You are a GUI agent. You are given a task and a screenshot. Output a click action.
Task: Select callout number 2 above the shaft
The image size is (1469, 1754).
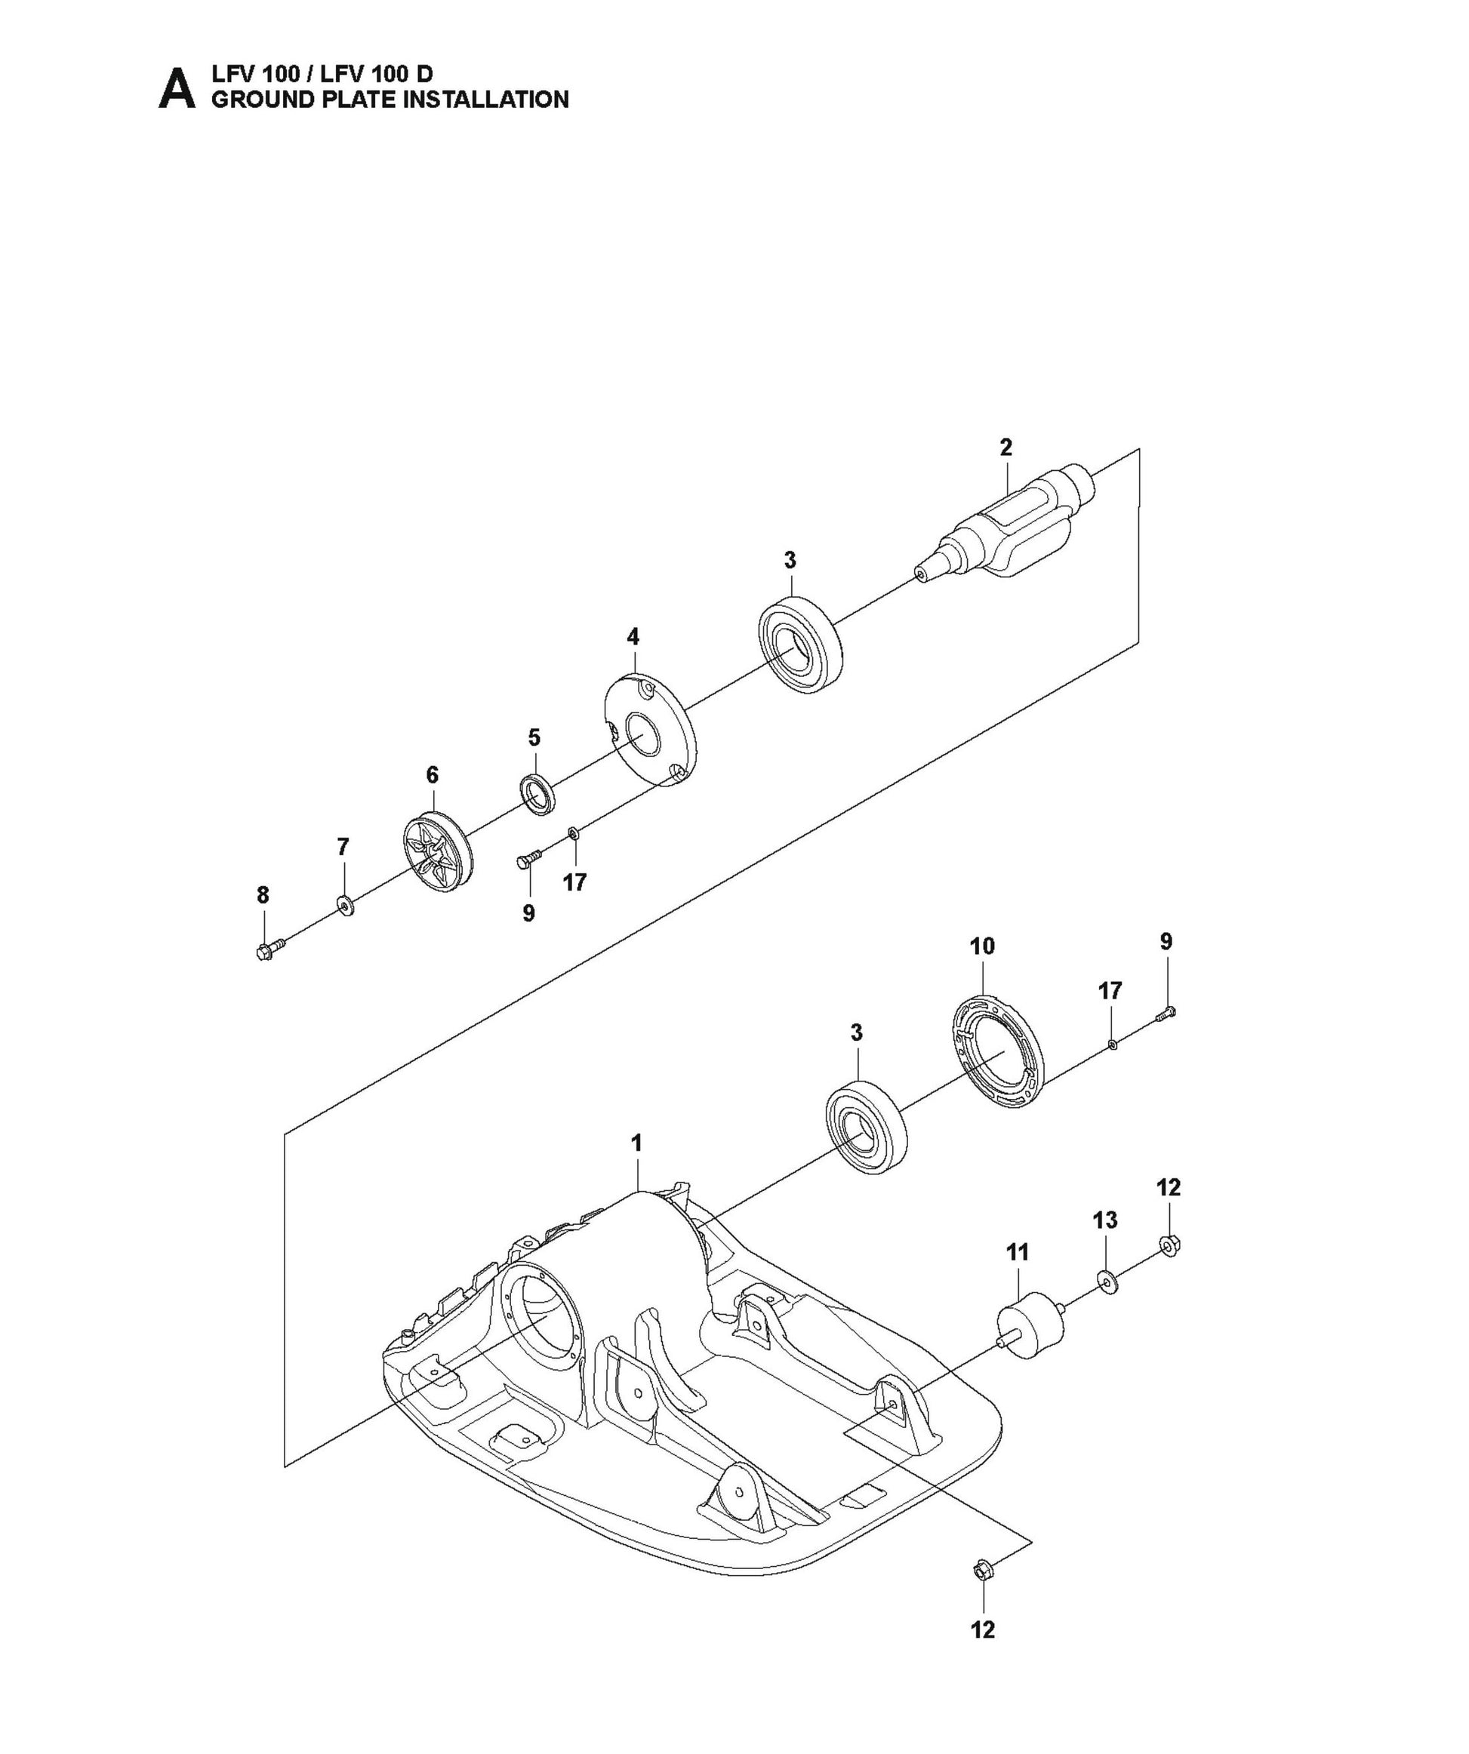(1006, 447)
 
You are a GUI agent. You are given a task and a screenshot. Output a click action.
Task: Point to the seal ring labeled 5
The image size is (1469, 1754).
(538, 793)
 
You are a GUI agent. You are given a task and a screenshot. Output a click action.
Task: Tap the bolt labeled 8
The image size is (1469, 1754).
(269, 949)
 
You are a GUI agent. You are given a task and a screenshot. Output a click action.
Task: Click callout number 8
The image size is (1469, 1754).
(263, 895)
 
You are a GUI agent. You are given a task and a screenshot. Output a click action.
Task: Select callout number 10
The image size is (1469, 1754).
(983, 946)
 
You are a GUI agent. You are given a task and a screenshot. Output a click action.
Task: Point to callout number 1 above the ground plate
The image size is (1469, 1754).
(636, 1143)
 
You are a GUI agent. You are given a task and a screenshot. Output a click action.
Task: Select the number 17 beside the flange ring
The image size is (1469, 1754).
(1110, 991)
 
